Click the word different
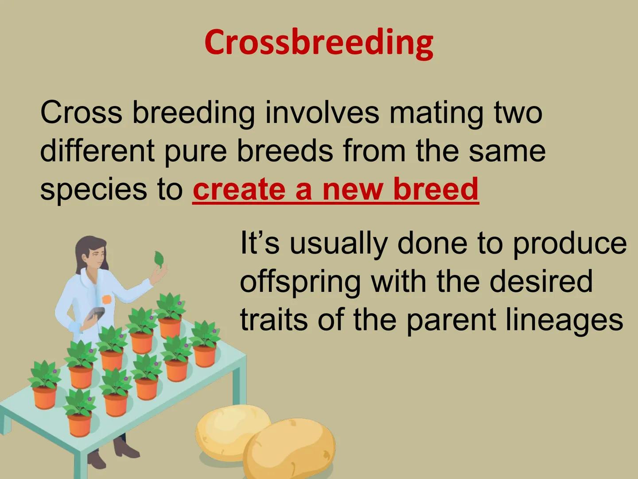(x=97, y=151)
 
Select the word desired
(x=541, y=281)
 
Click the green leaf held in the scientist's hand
(x=159, y=259)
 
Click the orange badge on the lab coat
(x=107, y=298)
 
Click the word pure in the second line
(x=195, y=153)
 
